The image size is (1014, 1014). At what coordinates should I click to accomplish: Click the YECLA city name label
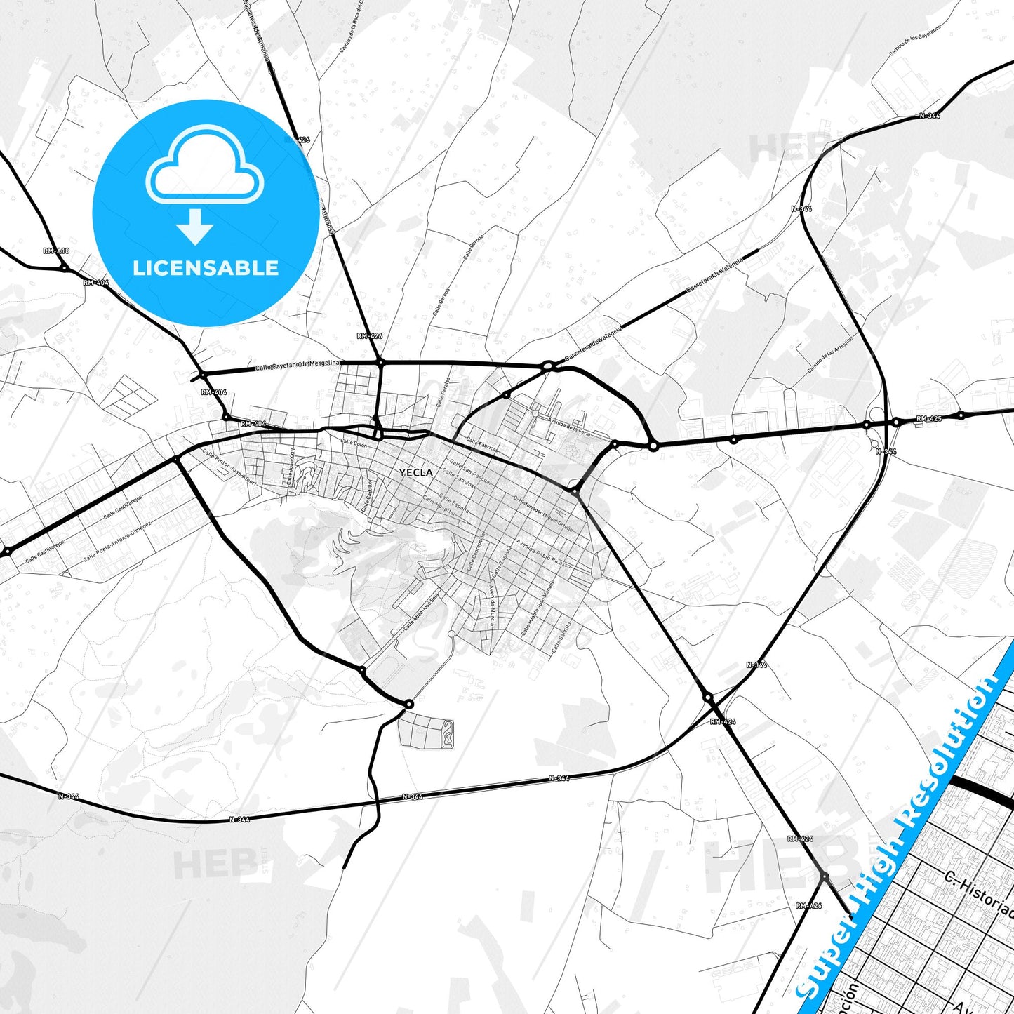(x=415, y=472)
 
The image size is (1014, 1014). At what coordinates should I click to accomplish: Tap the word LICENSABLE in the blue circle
(x=206, y=268)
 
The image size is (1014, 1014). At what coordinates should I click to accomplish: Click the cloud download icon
(x=204, y=184)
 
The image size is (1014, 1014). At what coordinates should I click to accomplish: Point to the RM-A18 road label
(x=56, y=251)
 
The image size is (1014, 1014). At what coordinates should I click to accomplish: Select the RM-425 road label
(x=929, y=419)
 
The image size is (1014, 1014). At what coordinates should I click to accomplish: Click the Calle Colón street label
(x=354, y=443)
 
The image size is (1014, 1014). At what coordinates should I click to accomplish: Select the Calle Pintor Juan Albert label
(x=229, y=468)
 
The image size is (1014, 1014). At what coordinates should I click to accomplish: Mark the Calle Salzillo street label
(x=561, y=637)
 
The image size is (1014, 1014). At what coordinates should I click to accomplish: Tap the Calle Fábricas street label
(x=483, y=446)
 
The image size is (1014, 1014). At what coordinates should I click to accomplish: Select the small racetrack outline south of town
(x=446, y=731)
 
